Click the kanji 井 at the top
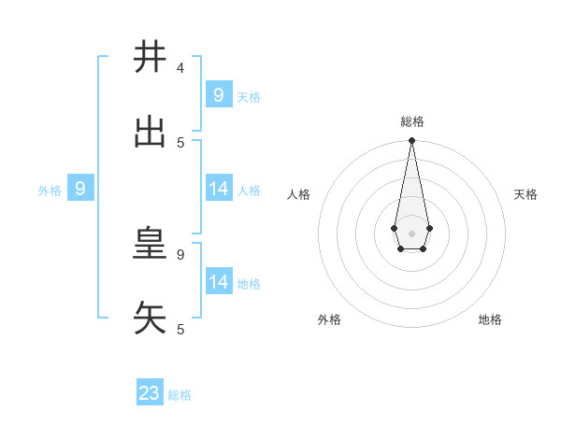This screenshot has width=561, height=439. click(x=150, y=58)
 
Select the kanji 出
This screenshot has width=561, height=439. click(x=150, y=133)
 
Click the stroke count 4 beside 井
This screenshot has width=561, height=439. click(x=180, y=68)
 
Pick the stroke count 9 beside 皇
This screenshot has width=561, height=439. click(x=180, y=254)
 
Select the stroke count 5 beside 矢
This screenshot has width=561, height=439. click(x=180, y=329)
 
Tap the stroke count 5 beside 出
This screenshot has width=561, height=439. click(x=180, y=143)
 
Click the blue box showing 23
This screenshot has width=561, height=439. click(x=150, y=393)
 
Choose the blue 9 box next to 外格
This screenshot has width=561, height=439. click(x=80, y=189)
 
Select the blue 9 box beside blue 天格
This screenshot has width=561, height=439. click(x=219, y=95)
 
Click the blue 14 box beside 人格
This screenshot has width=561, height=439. click(x=219, y=189)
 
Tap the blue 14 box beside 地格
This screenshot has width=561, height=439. click(x=219, y=282)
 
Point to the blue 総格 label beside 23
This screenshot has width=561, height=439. click(x=180, y=395)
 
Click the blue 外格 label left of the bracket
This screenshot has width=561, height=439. click(x=50, y=191)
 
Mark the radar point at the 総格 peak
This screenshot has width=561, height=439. click(x=411, y=141)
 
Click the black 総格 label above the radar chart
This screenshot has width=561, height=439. click(x=411, y=121)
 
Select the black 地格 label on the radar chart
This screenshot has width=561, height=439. click(x=490, y=319)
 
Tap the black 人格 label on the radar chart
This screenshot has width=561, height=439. click(x=299, y=194)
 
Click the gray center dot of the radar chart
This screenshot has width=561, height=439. click(x=411, y=233)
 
